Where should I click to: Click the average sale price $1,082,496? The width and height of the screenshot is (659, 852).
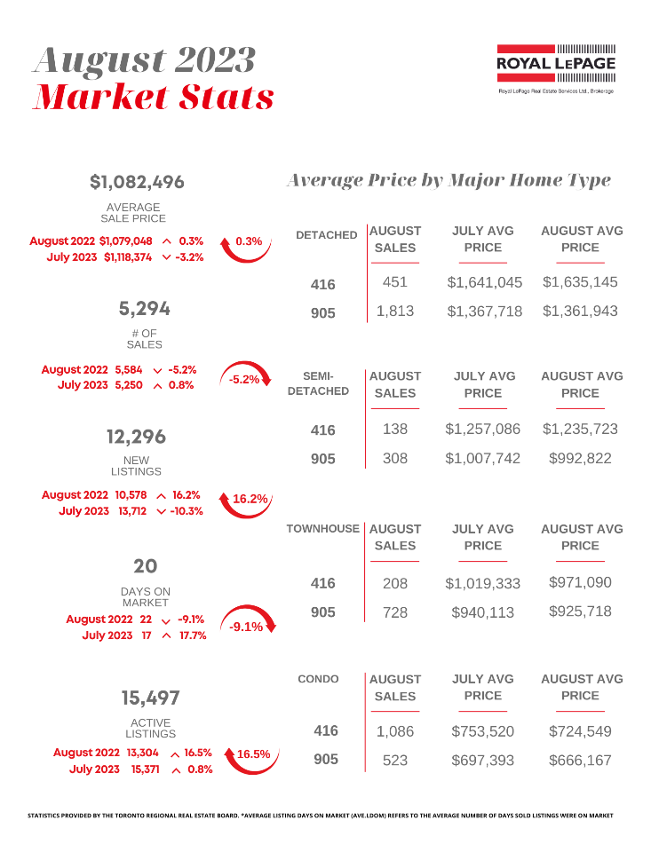tap(138, 182)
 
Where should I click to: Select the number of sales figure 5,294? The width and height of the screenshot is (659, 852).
tap(144, 309)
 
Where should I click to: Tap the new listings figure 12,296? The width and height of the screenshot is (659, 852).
tap(136, 437)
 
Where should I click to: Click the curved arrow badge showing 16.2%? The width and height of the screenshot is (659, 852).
tap(250, 499)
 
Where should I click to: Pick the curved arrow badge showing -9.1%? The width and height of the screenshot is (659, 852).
tap(246, 627)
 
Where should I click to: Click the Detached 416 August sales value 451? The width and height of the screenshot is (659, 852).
tap(394, 282)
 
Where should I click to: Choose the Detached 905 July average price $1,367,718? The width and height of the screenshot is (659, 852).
tap(484, 312)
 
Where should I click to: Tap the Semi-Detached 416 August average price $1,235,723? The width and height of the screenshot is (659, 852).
tap(581, 429)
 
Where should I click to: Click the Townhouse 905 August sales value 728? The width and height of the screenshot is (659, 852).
tap(394, 611)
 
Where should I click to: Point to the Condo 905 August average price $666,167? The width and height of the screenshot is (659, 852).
tap(581, 761)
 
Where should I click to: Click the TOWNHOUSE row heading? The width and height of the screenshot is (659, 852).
tap(323, 529)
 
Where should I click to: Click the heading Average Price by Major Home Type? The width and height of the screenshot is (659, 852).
tap(449, 180)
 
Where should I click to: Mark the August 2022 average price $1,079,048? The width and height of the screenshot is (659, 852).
tap(126, 241)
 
